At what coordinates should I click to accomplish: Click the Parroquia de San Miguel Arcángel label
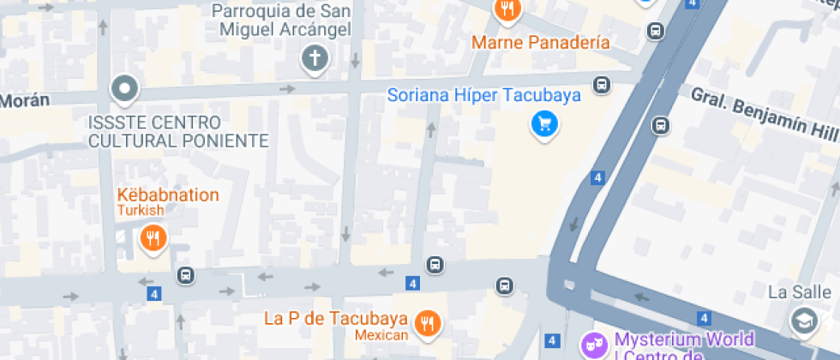pos(281,21)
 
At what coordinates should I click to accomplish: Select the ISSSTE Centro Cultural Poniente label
pos(178,131)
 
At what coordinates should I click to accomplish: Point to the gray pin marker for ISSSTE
pos(125,88)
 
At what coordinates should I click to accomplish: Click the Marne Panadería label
pos(541,42)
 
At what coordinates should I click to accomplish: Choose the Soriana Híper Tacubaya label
pos(484,94)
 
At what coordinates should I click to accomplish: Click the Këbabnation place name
pos(168,195)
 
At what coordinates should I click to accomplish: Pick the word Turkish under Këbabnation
pos(141,211)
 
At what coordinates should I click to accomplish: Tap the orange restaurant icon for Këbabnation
pos(153,237)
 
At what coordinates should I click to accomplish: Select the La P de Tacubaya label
pos(335,319)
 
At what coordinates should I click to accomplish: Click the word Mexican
pos(380,335)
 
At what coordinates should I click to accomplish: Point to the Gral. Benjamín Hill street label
pos(764,115)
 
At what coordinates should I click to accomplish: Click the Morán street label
pos(23,100)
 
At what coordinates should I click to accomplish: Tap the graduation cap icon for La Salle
pos(802,321)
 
